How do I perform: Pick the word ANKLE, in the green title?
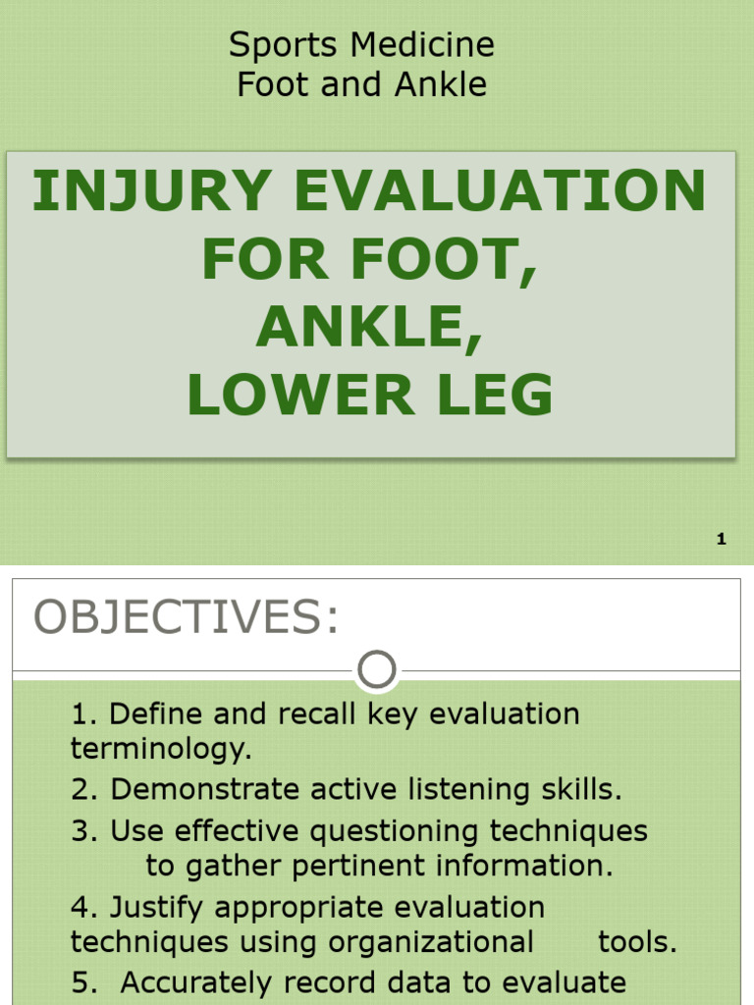point(370,328)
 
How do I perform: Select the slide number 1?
point(722,539)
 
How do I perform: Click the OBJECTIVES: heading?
point(187,617)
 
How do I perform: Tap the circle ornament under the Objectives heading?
point(377,671)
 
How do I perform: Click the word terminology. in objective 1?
point(161,750)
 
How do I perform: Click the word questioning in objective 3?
point(395,831)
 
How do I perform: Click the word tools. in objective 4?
point(638,943)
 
